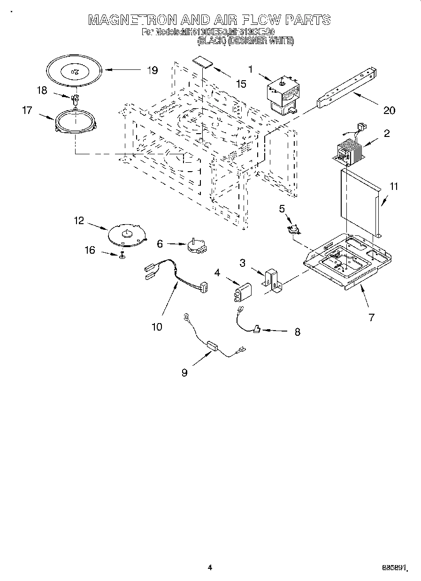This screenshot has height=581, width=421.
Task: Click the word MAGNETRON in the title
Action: point(132,20)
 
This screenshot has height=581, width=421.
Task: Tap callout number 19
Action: point(152,70)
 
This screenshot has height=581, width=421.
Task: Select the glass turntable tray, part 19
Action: point(74,70)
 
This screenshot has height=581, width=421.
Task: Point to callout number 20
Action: point(389,111)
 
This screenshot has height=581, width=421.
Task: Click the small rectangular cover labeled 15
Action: point(202,63)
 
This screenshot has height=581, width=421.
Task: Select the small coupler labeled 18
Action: point(74,98)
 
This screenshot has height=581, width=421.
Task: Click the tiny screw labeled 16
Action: point(122,255)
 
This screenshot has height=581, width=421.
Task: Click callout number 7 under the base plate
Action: point(371,317)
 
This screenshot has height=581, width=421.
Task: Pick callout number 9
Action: point(184,372)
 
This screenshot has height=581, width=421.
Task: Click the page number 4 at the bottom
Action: point(210,567)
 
